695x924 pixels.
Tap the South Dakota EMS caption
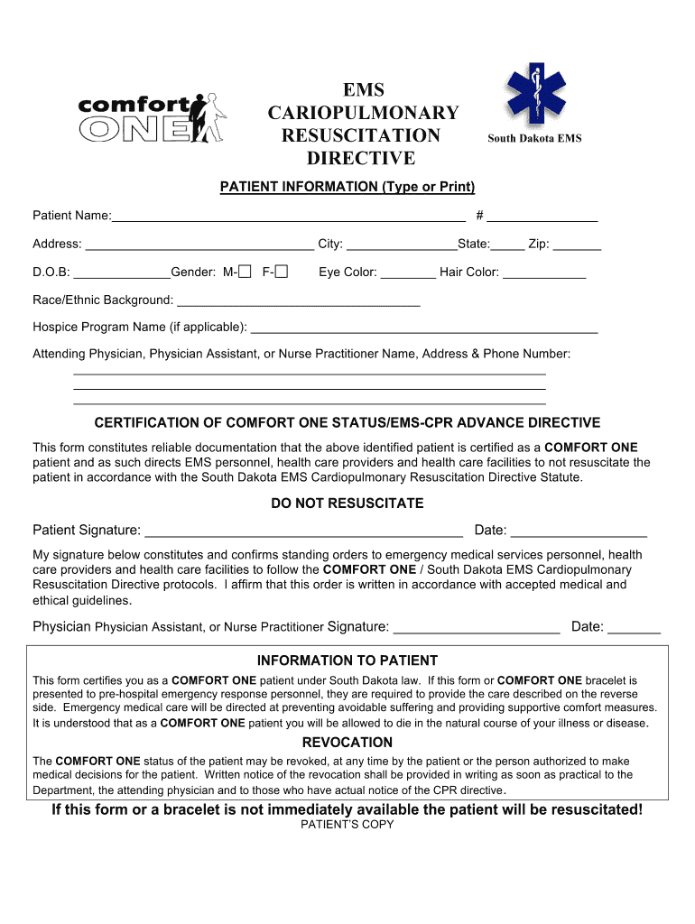click(x=534, y=138)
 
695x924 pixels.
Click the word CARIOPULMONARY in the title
click(x=363, y=113)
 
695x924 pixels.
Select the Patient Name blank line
click(x=288, y=215)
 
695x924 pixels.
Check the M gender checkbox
click(x=245, y=272)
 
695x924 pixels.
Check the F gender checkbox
click(x=282, y=272)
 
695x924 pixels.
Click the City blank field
click(x=402, y=244)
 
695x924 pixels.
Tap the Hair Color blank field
click(x=544, y=273)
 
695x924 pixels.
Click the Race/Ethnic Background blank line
click(x=298, y=300)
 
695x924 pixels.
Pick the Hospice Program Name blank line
click(x=423, y=328)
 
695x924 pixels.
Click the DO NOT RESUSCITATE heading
click(x=347, y=504)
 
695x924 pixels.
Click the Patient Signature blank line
click(x=303, y=531)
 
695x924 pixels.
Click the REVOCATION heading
click(x=347, y=743)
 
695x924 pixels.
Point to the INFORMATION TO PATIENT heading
click(x=347, y=661)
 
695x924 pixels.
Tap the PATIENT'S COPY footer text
click(x=347, y=825)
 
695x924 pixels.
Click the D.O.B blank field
click(x=122, y=273)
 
